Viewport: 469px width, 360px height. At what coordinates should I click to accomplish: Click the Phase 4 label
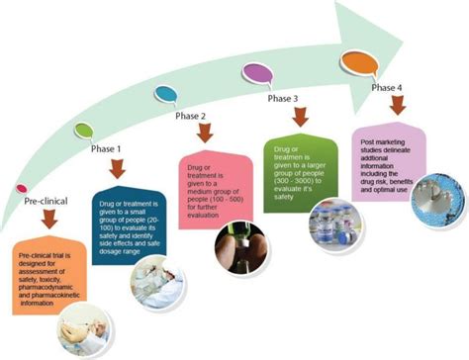click(x=386, y=86)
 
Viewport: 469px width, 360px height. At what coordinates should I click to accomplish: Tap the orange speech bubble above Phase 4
click(x=358, y=61)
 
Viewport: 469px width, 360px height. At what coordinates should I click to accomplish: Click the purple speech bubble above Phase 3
click(x=259, y=73)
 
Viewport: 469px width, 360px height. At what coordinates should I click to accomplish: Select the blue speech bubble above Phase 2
click(x=166, y=95)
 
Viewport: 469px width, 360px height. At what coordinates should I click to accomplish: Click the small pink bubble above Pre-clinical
click(x=22, y=187)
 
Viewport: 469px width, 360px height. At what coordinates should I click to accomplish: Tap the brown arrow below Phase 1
click(x=118, y=169)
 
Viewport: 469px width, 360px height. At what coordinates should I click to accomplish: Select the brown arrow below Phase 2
click(x=209, y=135)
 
